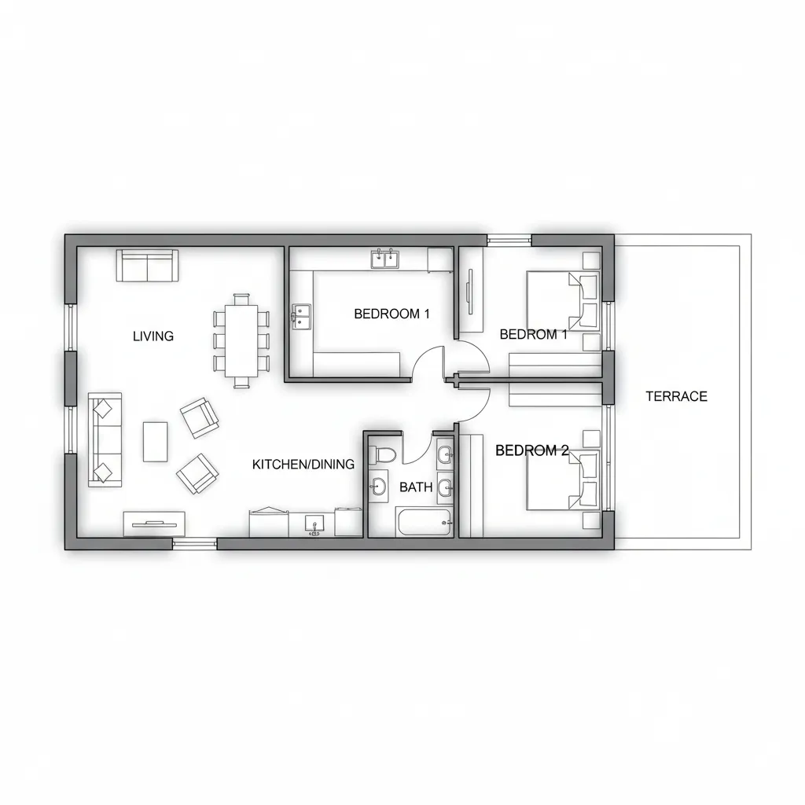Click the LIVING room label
pyautogui.click(x=153, y=336)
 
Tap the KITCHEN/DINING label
pyautogui.click(x=303, y=464)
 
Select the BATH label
pyautogui.click(x=416, y=487)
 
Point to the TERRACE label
pyautogui.click(x=676, y=396)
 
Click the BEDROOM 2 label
pyautogui.click(x=532, y=450)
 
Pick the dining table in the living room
pyautogui.click(x=241, y=340)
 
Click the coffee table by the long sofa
pyautogui.click(x=155, y=442)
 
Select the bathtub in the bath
pyautogui.click(x=425, y=522)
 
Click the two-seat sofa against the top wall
pyautogui.click(x=147, y=266)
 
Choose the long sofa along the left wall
pyautogui.click(x=105, y=439)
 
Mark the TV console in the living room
pyautogui.click(x=154, y=524)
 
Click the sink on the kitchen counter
pyautogui.click(x=314, y=524)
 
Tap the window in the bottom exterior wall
pyautogui.click(x=195, y=544)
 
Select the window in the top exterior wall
pyautogui.click(x=509, y=240)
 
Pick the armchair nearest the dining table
pyautogui.click(x=199, y=417)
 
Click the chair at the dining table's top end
pyautogui.click(x=241, y=299)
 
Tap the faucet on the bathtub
pyautogui.click(x=447, y=523)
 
